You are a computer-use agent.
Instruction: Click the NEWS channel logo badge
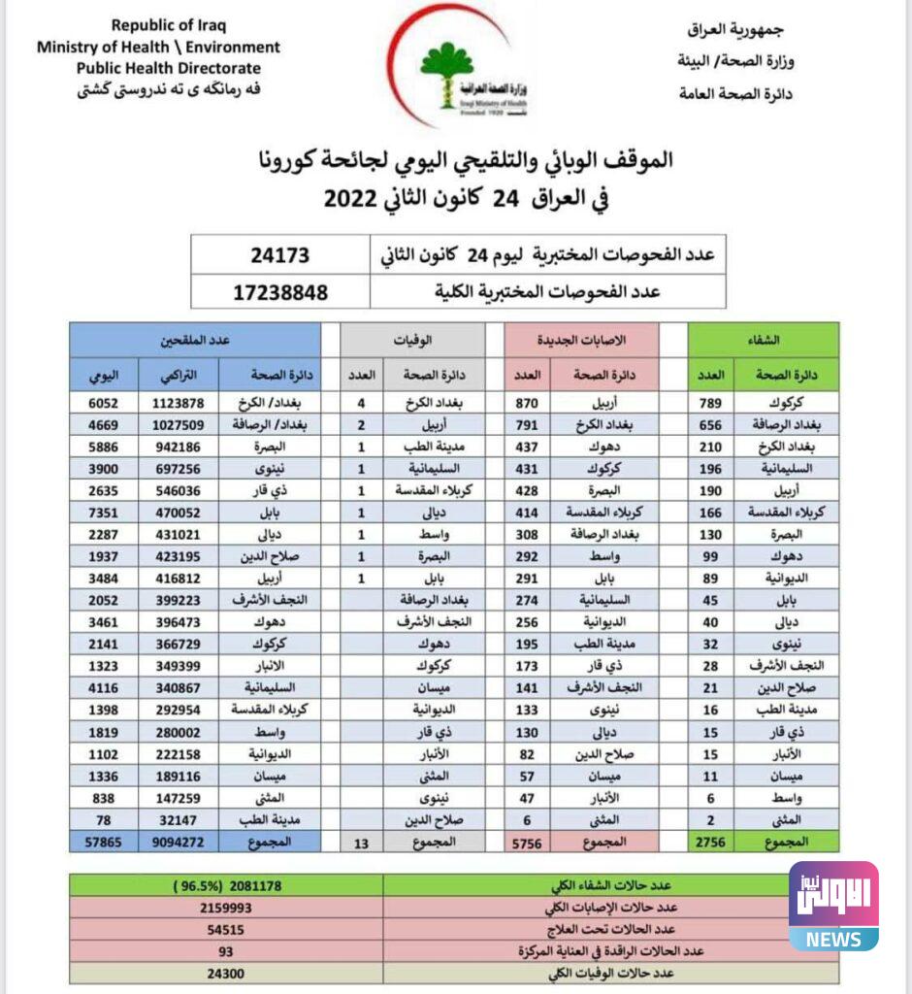pos(833,906)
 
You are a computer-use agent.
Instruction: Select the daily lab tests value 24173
pos(279,256)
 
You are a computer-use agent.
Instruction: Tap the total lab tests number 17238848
pos(279,291)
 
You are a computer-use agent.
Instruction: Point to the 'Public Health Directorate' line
pos(169,68)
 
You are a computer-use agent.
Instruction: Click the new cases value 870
pos(528,403)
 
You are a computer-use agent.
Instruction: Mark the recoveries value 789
pos(711,403)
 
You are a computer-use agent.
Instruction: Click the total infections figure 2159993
pos(225,908)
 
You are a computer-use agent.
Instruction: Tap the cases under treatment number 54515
pos(225,929)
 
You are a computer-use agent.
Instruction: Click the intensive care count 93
pos(225,950)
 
